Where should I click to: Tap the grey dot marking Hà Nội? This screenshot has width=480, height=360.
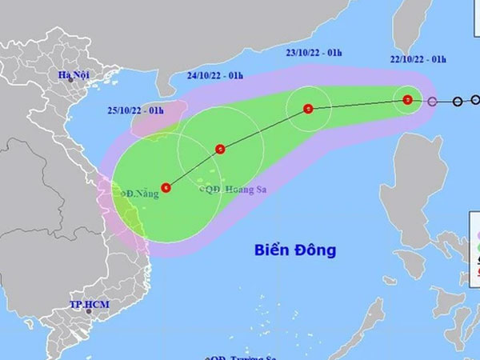70,81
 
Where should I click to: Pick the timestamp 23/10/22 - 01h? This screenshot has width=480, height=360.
314,54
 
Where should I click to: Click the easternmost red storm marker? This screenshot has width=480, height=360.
408,100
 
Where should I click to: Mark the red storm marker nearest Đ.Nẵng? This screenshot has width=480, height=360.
165,187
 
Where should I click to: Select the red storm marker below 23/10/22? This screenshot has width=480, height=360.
309,109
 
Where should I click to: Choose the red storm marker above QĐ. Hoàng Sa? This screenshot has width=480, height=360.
220,148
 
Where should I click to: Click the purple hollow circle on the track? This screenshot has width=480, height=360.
433,102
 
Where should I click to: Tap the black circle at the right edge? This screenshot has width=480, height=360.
476,101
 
